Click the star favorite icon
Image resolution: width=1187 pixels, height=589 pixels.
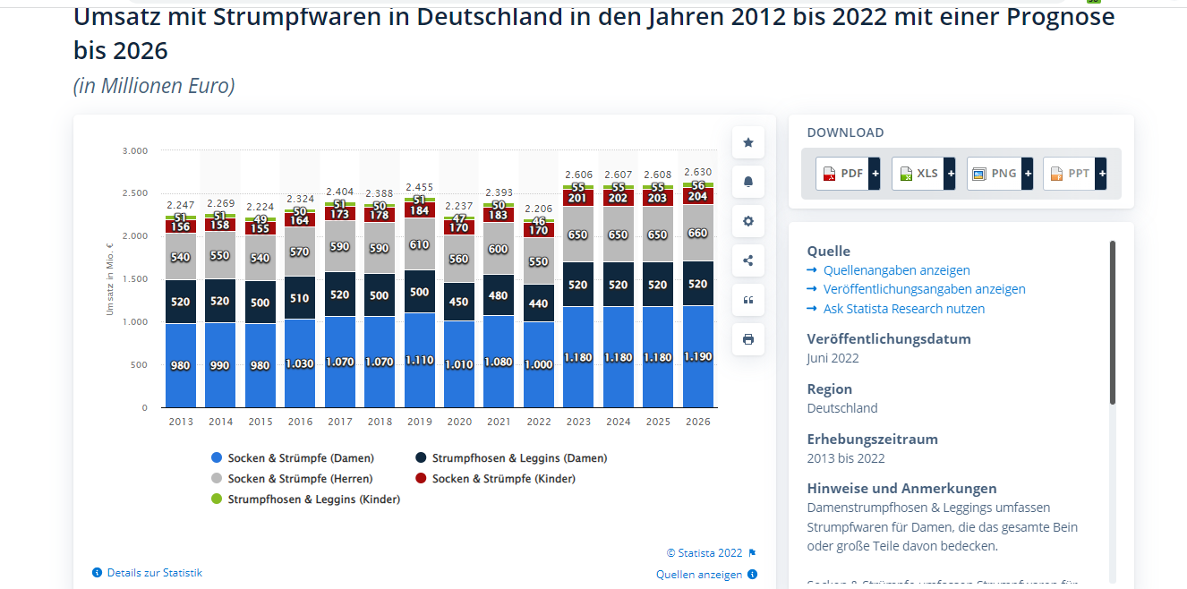click(x=748, y=142)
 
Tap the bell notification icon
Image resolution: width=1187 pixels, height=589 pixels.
click(x=748, y=182)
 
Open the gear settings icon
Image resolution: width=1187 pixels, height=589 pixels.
click(x=748, y=221)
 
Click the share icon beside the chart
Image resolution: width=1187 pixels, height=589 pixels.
click(x=748, y=260)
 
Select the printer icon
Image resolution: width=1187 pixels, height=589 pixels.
click(x=748, y=339)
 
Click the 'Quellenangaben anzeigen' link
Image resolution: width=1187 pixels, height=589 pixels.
click(x=896, y=270)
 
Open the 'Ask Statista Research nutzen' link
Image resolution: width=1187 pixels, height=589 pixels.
click(x=903, y=309)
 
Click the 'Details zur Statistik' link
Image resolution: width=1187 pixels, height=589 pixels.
click(x=154, y=573)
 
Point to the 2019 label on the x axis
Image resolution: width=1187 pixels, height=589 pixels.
click(x=419, y=422)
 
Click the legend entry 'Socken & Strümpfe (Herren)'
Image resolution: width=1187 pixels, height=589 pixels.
click(x=299, y=479)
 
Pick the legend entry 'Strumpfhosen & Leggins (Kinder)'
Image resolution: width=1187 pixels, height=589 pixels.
click(x=312, y=499)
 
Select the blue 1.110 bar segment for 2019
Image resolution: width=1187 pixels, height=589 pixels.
click(x=419, y=359)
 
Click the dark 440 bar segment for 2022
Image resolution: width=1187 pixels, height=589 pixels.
click(x=538, y=303)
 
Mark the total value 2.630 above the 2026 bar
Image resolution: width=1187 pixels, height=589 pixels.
click(x=697, y=173)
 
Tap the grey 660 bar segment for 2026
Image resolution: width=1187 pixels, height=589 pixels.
click(x=697, y=233)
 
